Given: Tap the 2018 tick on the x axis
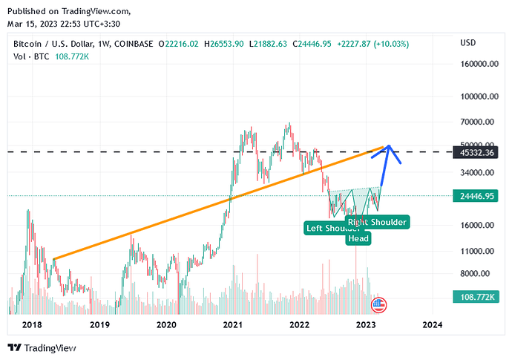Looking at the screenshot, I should pos(32,324).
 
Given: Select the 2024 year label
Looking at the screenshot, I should pos(433,324).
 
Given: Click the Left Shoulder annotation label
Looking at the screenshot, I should pos(332,228).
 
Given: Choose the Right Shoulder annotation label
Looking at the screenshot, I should pos(378,221).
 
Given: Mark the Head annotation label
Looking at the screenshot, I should pos(358,238).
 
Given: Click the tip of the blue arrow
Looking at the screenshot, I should pos(388,145).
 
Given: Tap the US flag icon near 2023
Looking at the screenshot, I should pos(379,303).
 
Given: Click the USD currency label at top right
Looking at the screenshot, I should pos(468,43).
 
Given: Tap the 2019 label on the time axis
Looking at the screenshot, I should pos(99,324).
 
